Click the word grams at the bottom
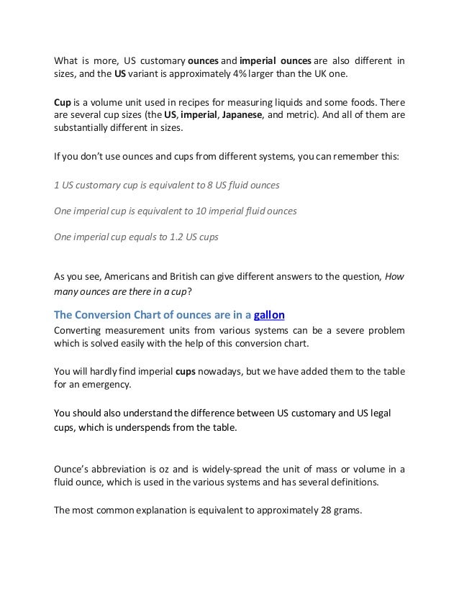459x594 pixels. point(348,511)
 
